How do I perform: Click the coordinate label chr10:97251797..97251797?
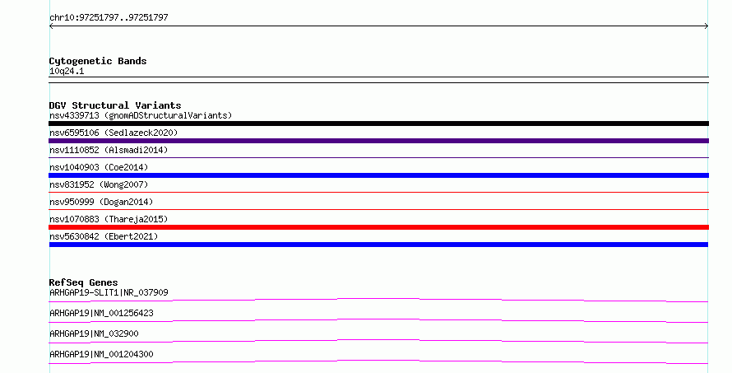point(109,18)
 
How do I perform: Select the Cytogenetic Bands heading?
point(98,61)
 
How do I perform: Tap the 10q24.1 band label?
point(67,71)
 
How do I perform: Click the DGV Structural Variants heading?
point(115,105)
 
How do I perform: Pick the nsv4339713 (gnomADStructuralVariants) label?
point(141,115)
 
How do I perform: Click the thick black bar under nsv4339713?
point(378,124)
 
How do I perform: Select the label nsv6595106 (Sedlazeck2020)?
point(114,133)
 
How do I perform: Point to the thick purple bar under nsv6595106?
point(378,141)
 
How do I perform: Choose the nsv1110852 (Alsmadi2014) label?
point(109,150)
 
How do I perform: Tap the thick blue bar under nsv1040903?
point(378,175)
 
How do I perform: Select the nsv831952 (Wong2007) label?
point(99,184)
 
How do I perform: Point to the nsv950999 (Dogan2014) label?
point(101,202)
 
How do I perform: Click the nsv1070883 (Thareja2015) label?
point(109,219)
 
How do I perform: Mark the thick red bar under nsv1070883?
point(378,227)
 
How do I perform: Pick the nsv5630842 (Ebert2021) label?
point(104,236)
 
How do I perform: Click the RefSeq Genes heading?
point(83,282)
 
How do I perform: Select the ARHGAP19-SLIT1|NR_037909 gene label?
point(109,292)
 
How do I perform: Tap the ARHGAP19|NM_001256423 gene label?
point(101,313)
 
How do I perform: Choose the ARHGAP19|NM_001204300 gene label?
point(101,354)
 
